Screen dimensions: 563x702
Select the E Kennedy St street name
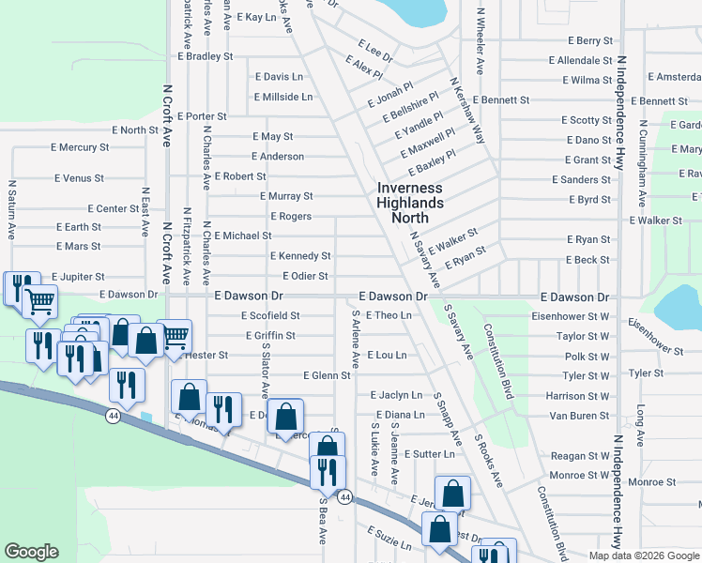299,255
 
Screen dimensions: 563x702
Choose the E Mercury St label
78,147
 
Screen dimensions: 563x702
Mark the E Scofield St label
269,316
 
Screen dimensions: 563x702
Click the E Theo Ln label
389,315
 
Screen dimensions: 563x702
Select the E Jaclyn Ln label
396,395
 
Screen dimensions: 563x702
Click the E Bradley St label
203,56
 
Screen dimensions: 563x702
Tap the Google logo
31,552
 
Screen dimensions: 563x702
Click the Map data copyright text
644,555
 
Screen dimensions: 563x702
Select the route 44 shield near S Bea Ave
345,497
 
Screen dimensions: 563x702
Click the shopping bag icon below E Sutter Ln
452,493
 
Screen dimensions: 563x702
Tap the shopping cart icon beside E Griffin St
175,336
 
